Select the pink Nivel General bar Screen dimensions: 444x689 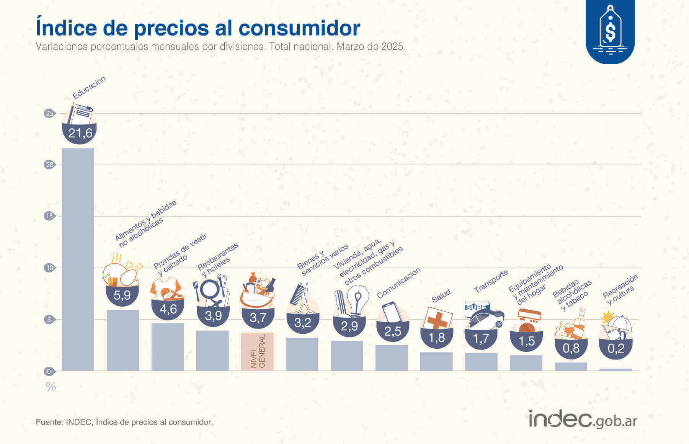click(x=257, y=351)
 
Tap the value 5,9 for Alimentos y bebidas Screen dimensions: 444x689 click(x=122, y=295)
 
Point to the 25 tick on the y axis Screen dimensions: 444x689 click(x=49, y=113)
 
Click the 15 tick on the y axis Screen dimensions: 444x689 click(x=49, y=216)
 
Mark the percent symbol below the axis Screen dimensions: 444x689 click(x=51, y=387)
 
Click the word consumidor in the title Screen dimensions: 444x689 click(x=299, y=28)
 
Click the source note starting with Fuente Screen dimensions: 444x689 click(x=124, y=422)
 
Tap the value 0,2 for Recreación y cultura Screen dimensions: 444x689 click(x=616, y=348)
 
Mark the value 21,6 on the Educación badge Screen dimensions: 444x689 click(x=80, y=133)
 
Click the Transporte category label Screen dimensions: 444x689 click(x=491, y=281)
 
